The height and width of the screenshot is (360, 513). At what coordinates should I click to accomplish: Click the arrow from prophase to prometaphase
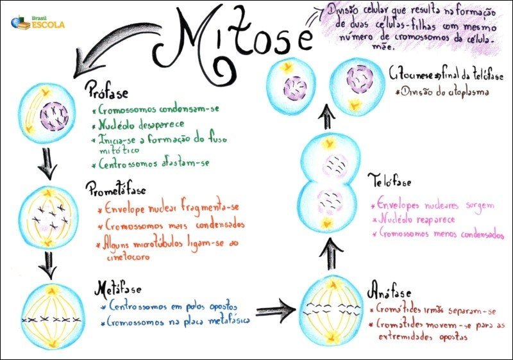(46, 165)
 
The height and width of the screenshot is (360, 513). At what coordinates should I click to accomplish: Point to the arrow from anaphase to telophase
(330, 254)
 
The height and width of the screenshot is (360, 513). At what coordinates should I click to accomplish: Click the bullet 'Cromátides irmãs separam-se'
(435, 310)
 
